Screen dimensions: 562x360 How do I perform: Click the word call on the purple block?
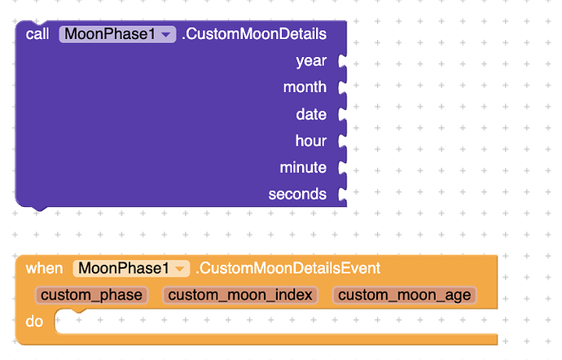pos(37,34)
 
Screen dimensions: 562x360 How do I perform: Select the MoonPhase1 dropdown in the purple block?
pos(117,34)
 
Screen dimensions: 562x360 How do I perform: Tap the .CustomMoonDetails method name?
pos(254,34)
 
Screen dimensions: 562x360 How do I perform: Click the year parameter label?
pos(311,61)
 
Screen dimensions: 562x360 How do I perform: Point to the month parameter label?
pos(305,87)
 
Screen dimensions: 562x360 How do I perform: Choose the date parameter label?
pos(311,114)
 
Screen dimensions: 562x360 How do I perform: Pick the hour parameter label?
pos(311,141)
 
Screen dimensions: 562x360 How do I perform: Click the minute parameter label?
pos(303,168)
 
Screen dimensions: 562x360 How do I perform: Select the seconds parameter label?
pos(297,194)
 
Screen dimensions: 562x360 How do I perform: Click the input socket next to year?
pos(342,61)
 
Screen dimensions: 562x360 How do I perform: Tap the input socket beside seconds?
pos(342,195)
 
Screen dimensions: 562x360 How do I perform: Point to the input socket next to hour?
pos(342,141)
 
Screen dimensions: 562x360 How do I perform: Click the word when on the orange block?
pos(45,268)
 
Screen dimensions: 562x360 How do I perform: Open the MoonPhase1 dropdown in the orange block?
pos(131,268)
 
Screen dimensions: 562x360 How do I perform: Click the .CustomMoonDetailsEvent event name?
pos(288,268)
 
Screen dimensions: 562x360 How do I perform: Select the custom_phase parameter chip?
pos(91,295)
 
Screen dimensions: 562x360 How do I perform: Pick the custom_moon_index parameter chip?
pos(240,295)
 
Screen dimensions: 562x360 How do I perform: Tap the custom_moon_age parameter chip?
pos(404,295)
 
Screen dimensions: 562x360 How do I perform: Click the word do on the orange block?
pos(34,322)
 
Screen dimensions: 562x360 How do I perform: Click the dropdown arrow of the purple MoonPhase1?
pos(166,35)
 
